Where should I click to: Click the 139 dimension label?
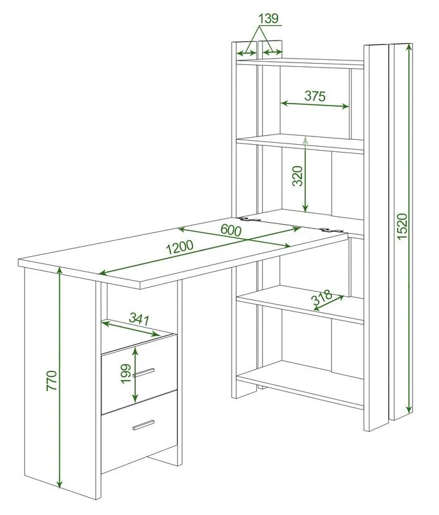pos(268,19)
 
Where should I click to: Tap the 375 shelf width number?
pos(315,96)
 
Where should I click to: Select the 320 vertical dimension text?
pos(297,176)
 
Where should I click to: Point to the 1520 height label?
pos(402,227)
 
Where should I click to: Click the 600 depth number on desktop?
pos(231,230)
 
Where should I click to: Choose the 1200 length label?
pos(180,247)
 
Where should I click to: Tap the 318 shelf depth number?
pos(321,297)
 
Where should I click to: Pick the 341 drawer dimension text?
pos(139,319)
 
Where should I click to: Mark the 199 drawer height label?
pos(126,374)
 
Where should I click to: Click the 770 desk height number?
pos(52,380)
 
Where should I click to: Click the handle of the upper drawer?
pos(144,373)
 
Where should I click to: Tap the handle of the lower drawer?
pos(144,425)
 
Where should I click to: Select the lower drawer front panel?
pos(139,431)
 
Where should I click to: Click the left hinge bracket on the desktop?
pos(250,219)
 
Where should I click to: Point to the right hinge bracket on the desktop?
pos(332,230)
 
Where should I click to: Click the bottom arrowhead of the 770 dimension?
pos(59,484)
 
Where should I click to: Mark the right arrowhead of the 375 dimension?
pos(345,106)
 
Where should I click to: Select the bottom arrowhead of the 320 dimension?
pos(305,208)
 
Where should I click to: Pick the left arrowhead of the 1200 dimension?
pos(103,272)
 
